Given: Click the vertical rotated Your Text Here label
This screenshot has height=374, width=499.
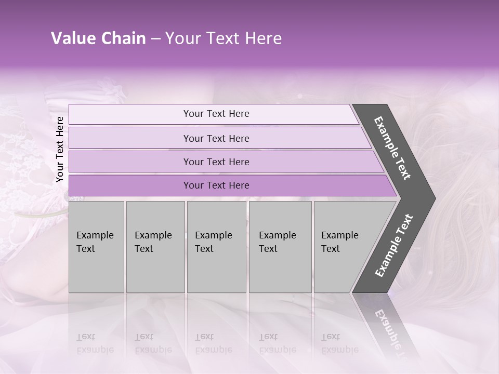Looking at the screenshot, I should point(60,149).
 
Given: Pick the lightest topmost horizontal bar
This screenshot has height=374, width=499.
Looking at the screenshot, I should point(213,114).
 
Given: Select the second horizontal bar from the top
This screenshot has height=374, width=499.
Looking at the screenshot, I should point(216,138).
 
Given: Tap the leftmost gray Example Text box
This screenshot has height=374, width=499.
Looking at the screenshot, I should point(96,247).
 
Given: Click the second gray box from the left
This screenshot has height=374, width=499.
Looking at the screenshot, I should point(155,247).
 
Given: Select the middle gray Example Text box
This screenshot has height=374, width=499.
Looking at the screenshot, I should point(216,247).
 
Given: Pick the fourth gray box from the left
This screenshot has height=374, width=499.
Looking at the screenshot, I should point(280,247).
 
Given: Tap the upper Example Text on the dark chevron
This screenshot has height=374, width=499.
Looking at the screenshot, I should point(392,148).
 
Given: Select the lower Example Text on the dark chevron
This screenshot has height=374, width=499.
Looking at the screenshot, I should point(393,245).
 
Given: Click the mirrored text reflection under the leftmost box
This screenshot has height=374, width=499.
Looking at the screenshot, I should point(95,343).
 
